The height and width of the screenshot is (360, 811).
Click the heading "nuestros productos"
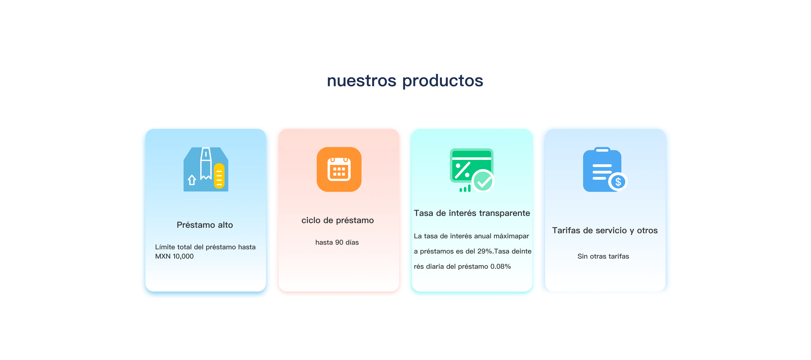pyautogui.click(x=405, y=80)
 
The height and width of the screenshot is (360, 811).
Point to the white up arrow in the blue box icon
pyautogui.click(x=192, y=180)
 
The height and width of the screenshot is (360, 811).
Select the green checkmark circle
pyautogui.click(x=483, y=181)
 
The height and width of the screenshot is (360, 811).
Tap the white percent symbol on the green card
pyautogui.click(x=463, y=170)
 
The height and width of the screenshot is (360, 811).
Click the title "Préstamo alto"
pyautogui.click(x=205, y=225)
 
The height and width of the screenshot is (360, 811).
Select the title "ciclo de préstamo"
pyautogui.click(x=337, y=220)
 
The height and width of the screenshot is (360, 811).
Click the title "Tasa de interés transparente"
pyautogui.click(x=472, y=213)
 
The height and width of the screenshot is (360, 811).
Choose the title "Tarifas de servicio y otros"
pyautogui.click(x=605, y=231)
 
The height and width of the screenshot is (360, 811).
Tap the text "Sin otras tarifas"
pyautogui.click(x=603, y=256)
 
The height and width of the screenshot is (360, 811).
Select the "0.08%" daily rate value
pyautogui.click(x=501, y=267)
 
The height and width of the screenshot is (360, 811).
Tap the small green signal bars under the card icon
pyautogui.click(x=465, y=188)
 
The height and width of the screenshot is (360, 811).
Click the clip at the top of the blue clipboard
pyautogui.click(x=602, y=150)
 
